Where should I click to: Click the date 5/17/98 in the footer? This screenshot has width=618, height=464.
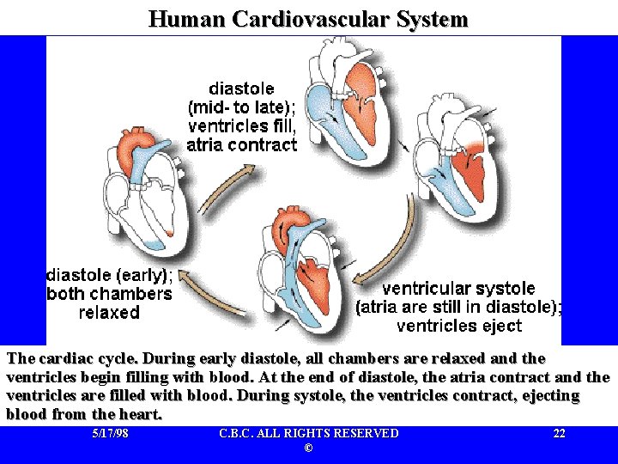click(x=110, y=434)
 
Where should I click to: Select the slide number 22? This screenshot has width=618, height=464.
click(x=559, y=434)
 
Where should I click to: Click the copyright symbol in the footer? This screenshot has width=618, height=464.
click(x=308, y=449)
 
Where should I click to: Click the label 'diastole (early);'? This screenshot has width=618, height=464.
click(x=109, y=276)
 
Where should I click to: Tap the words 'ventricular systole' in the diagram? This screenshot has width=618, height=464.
click(x=458, y=289)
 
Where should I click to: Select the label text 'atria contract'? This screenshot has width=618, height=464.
click(x=242, y=145)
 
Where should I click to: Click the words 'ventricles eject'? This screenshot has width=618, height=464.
click(x=459, y=327)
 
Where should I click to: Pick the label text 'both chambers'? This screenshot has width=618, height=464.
click(x=109, y=295)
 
